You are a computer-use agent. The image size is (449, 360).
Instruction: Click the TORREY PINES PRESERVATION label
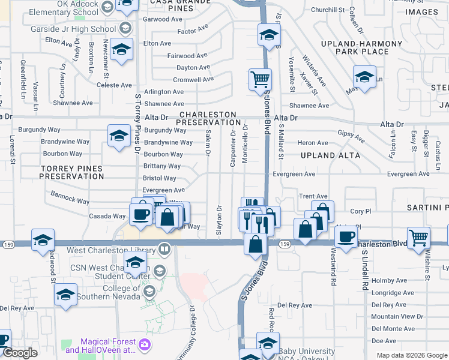[x=72, y=173]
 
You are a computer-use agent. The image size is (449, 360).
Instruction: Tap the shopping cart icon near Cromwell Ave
[x=260, y=79]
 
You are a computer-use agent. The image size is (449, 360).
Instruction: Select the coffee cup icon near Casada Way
[x=141, y=215]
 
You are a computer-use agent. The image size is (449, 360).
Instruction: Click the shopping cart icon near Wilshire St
[x=418, y=237]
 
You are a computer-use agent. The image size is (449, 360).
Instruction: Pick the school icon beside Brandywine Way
[x=119, y=136]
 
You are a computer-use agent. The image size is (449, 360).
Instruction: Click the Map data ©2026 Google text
[x=411, y=355]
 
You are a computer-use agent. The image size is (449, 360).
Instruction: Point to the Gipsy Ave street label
[x=351, y=136]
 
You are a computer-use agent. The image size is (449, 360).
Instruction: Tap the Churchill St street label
[x=327, y=10]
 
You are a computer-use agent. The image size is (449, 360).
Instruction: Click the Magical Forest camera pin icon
[x=144, y=344]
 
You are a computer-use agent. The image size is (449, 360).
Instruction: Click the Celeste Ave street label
[x=114, y=86]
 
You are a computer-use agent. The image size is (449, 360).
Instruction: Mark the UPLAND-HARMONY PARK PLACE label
[x=361, y=48]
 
